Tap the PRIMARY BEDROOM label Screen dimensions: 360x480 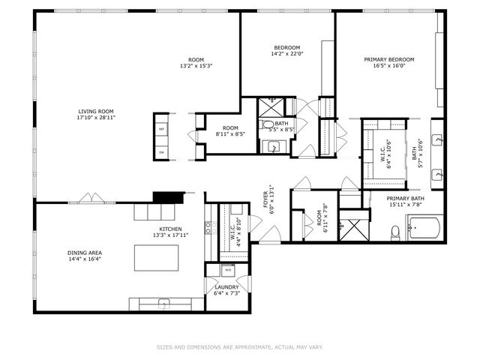[388, 59]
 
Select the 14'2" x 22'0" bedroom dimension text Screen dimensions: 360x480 [286, 54]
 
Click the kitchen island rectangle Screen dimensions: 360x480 [157, 257]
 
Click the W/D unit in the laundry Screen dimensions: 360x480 [227, 269]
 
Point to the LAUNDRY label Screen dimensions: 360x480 [226, 286]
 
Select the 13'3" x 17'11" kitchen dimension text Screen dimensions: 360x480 [169, 235]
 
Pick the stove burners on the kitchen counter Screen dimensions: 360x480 [208, 226]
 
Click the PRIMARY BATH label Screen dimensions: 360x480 [405, 199]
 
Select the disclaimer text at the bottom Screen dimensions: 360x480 [239, 346]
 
